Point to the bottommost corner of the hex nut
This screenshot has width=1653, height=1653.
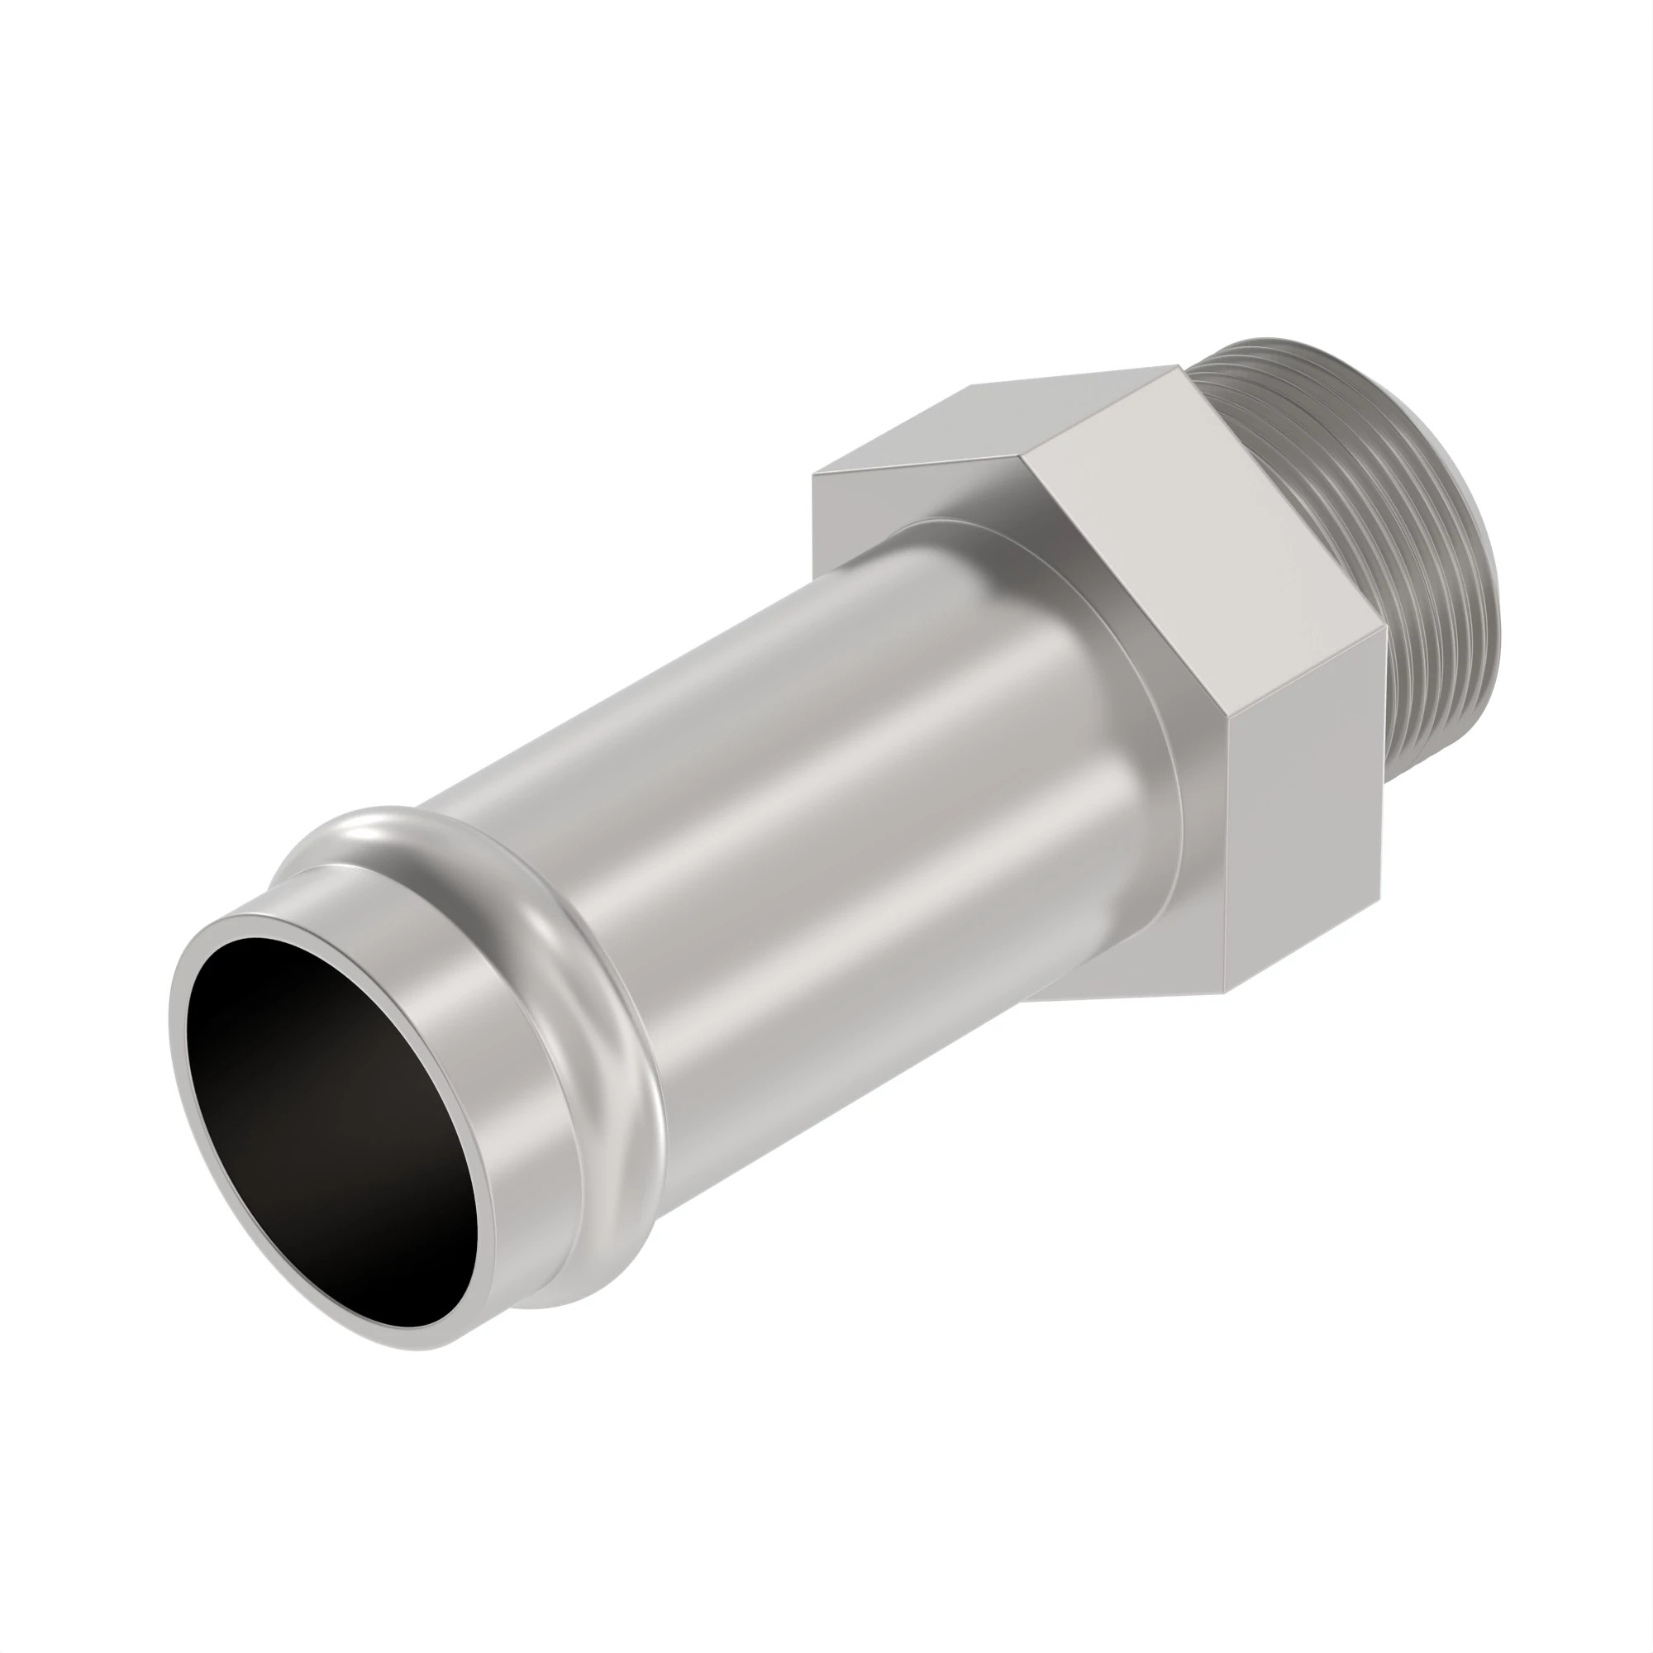(1225, 993)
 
